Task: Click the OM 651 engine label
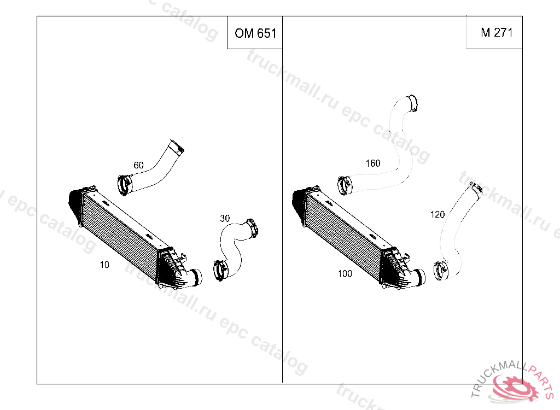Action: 255,33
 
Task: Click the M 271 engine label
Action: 497,32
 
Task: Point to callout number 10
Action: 104,265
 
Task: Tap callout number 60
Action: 138,165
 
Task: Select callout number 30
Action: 225,218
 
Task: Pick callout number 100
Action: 345,273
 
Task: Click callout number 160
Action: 373,163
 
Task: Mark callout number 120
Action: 437,214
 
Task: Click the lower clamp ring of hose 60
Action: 124,185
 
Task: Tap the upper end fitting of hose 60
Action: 177,147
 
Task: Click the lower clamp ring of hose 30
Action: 219,271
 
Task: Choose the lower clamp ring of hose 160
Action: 344,185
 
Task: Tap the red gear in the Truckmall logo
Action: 514,387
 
